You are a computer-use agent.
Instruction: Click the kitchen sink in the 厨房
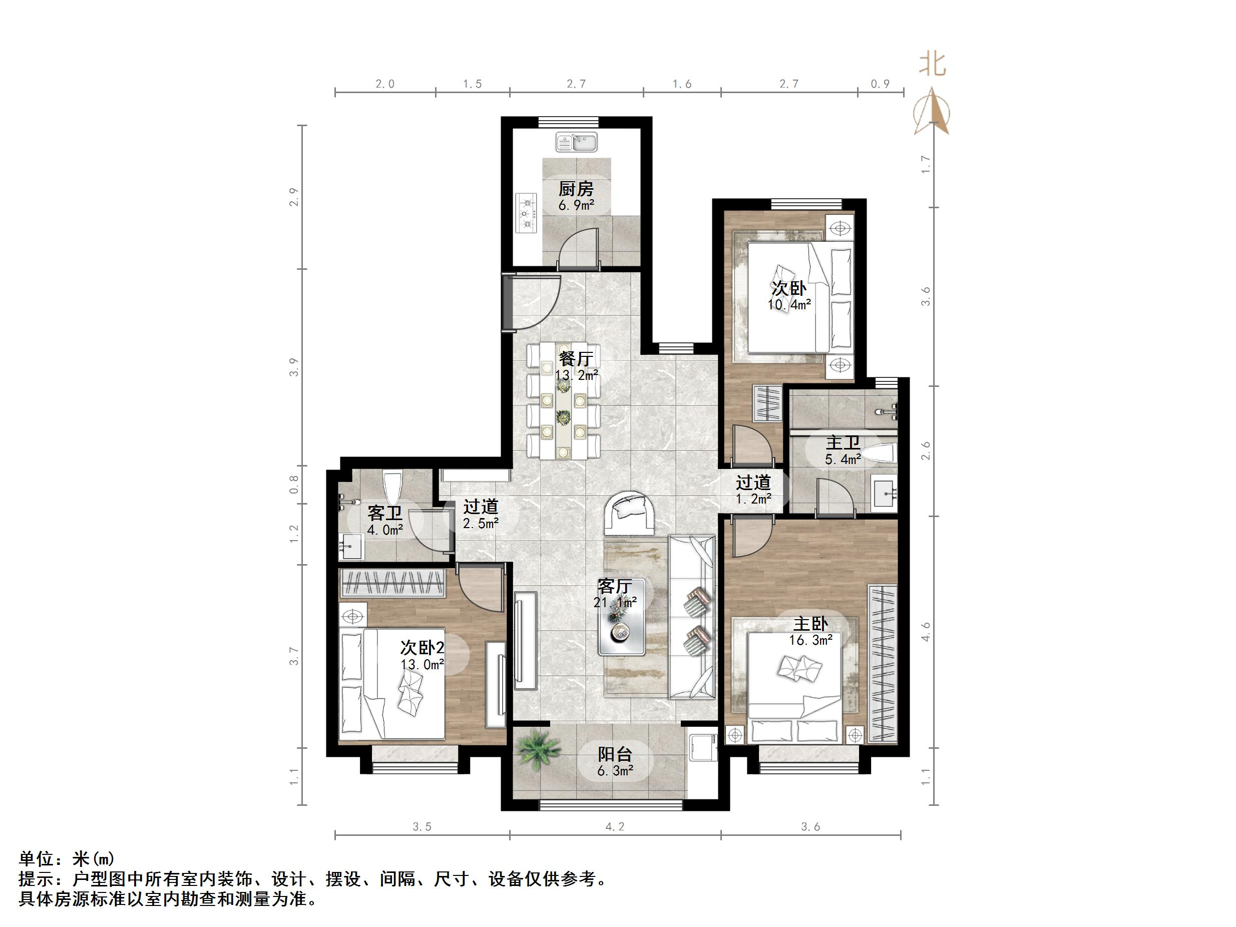pyautogui.click(x=577, y=142)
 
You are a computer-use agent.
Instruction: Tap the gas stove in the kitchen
pyautogui.click(x=526, y=213)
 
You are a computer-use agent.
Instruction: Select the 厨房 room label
pyautogui.click(x=576, y=189)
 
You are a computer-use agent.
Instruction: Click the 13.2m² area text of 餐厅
pyautogui.click(x=576, y=375)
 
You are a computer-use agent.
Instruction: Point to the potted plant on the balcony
pyautogui.click(x=538, y=749)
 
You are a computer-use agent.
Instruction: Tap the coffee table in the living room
pyautogui.click(x=621, y=617)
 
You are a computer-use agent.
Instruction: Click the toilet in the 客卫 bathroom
pyautogui.click(x=393, y=487)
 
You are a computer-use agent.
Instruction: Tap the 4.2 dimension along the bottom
pyautogui.click(x=615, y=827)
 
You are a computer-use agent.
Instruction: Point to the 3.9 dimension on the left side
pyautogui.click(x=294, y=367)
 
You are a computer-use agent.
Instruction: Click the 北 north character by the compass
pyautogui.click(x=933, y=65)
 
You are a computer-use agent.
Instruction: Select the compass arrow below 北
pyautogui.click(x=932, y=112)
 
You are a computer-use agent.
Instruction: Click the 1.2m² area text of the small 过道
pyautogui.click(x=753, y=499)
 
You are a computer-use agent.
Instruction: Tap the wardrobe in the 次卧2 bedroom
pyautogui.click(x=393, y=583)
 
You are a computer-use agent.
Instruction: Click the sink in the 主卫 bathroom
pyautogui.click(x=885, y=492)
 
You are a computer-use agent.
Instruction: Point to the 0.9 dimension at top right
pyautogui.click(x=880, y=84)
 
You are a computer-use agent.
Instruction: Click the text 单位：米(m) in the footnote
pyautogui.click(x=67, y=858)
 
